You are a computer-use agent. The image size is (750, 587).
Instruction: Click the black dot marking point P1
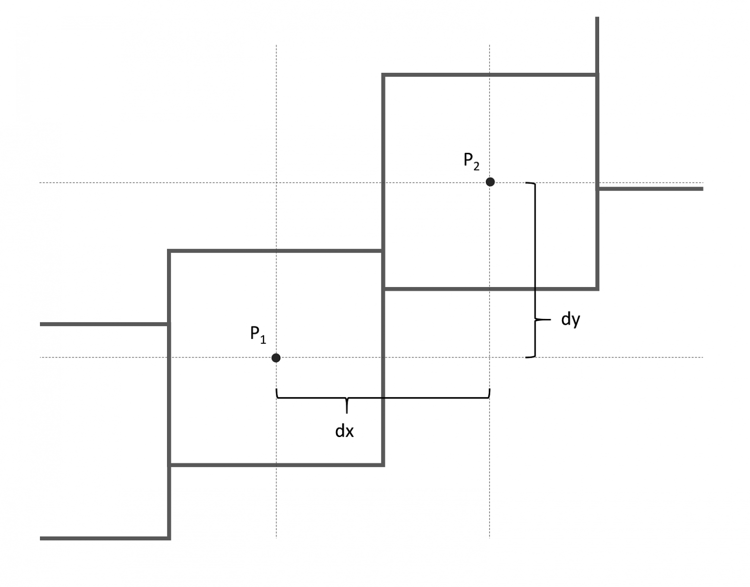276,358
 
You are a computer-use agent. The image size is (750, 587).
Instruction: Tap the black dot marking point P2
490,182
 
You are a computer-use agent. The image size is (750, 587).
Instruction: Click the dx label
344,431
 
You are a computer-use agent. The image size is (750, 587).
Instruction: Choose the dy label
570,320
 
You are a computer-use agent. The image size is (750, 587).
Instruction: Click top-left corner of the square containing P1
169,252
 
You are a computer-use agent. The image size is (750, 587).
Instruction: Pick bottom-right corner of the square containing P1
383,464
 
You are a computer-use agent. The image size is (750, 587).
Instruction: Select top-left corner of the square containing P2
384,75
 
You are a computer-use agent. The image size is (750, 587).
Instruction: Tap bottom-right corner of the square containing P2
597,288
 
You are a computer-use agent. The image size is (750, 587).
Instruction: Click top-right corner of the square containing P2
597,75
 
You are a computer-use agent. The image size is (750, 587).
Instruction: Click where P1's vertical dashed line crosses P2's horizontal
276,183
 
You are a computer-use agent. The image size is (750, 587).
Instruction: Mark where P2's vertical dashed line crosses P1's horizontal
490,357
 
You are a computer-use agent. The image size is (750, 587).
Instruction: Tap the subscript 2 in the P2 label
477,167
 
